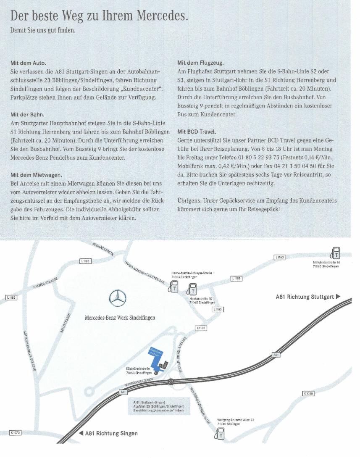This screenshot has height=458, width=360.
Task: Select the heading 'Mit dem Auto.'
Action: click(28, 63)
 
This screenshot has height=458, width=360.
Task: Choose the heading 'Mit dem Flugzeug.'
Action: click(200, 63)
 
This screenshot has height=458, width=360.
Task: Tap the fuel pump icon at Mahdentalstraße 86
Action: click(335, 253)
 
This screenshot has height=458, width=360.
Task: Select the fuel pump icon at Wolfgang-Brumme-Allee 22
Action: click(219, 433)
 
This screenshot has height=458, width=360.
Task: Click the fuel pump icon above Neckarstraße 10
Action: click(192, 289)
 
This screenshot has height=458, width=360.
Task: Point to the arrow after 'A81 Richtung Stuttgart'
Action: click(338, 297)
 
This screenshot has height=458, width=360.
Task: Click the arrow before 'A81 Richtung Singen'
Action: click(81, 433)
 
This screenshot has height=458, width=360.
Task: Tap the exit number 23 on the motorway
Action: click(171, 382)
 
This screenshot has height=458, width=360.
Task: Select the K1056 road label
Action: click(308, 393)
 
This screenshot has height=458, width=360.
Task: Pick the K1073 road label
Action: click(16, 432)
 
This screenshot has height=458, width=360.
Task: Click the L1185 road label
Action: click(217, 309)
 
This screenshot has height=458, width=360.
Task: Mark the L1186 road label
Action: click(201, 328)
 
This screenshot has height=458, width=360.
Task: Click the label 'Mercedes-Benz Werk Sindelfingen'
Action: click(120, 318)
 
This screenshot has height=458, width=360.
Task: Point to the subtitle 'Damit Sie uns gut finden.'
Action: click(42, 31)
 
